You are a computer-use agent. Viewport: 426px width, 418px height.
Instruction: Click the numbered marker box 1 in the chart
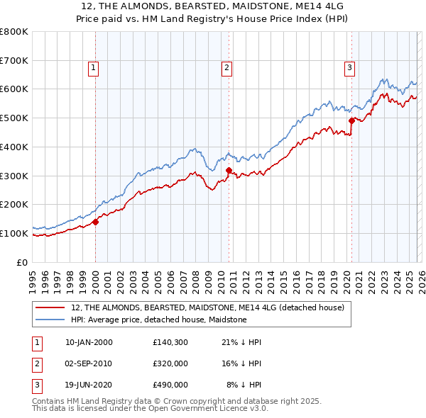(94, 68)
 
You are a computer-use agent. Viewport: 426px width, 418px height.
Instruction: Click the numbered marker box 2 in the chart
(226, 68)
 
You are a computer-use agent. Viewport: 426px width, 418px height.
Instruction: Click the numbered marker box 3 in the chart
(350, 68)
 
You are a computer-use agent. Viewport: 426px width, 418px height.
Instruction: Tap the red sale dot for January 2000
(95, 222)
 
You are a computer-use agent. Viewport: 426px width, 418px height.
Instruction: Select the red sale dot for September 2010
(229, 170)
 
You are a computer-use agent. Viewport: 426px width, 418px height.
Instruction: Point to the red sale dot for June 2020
(351, 121)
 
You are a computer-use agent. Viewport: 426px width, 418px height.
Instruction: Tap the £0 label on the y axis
(21, 262)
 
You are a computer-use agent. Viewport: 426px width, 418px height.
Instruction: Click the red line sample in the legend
(51, 307)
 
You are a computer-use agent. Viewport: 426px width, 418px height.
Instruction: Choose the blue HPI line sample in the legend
(51, 320)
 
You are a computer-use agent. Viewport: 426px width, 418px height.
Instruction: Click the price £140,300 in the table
(170, 342)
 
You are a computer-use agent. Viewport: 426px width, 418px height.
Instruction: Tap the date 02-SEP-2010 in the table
(89, 363)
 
